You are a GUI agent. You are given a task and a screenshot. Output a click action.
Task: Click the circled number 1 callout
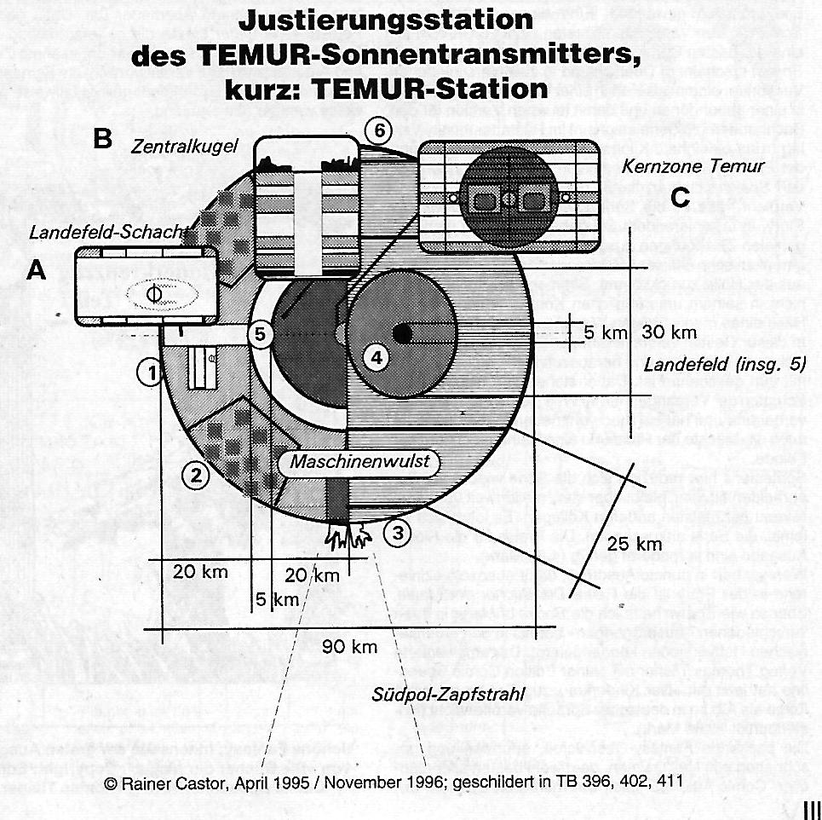[x=150, y=372]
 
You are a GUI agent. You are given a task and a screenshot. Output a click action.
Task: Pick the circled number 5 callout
[x=262, y=334]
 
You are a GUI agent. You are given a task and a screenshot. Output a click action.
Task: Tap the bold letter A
[x=36, y=270]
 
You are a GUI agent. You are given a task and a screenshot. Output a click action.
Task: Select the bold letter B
[x=102, y=139]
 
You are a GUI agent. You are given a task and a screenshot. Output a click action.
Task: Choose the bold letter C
[x=679, y=198]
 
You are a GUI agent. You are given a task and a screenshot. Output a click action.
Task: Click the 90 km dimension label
[x=350, y=647]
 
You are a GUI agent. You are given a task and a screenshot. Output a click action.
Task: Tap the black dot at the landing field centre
[x=402, y=334]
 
